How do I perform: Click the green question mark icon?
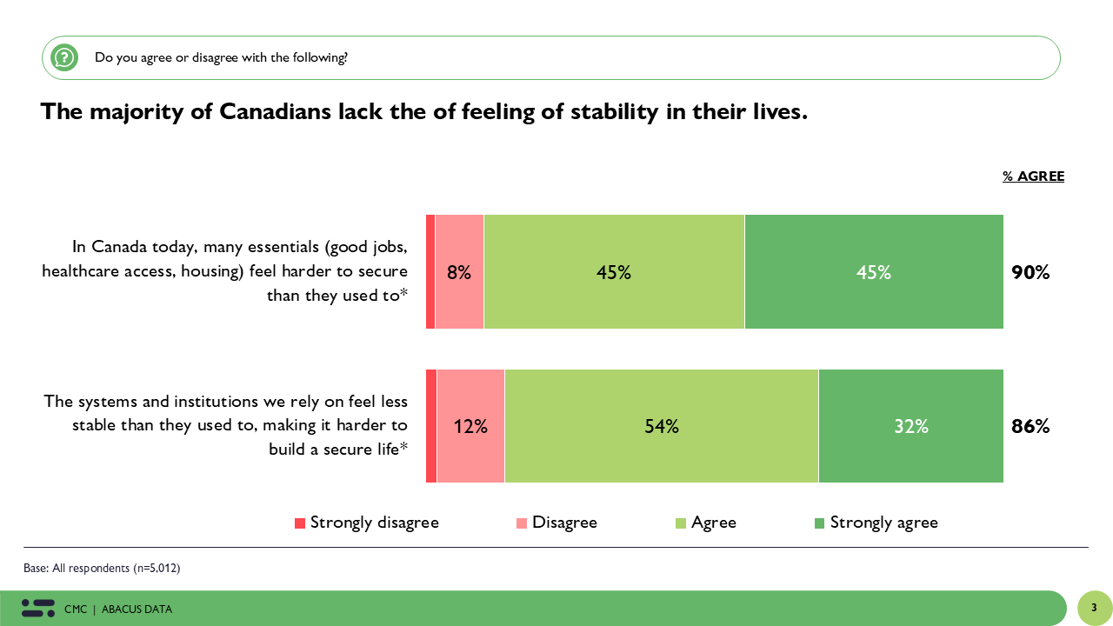(64, 58)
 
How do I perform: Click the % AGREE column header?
(1033, 176)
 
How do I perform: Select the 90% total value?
(1030, 272)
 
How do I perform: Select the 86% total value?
(1030, 427)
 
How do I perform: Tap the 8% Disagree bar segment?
(459, 272)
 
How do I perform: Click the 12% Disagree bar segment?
(470, 427)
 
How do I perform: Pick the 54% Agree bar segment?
(661, 427)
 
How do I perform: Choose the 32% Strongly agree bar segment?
(910, 427)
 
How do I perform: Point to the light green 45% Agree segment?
(614, 272)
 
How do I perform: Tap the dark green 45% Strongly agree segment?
(874, 272)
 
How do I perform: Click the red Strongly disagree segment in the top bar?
(430, 272)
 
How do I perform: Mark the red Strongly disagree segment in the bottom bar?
(431, 427)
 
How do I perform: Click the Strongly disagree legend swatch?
(300, 523)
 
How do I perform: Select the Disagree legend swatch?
(522, 523)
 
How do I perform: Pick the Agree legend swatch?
(681, 523)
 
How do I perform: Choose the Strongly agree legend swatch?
(819, 523)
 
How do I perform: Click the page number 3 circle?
(1094, 608)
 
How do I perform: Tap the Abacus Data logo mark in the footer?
(37, 609)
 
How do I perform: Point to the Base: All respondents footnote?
(102, 569)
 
